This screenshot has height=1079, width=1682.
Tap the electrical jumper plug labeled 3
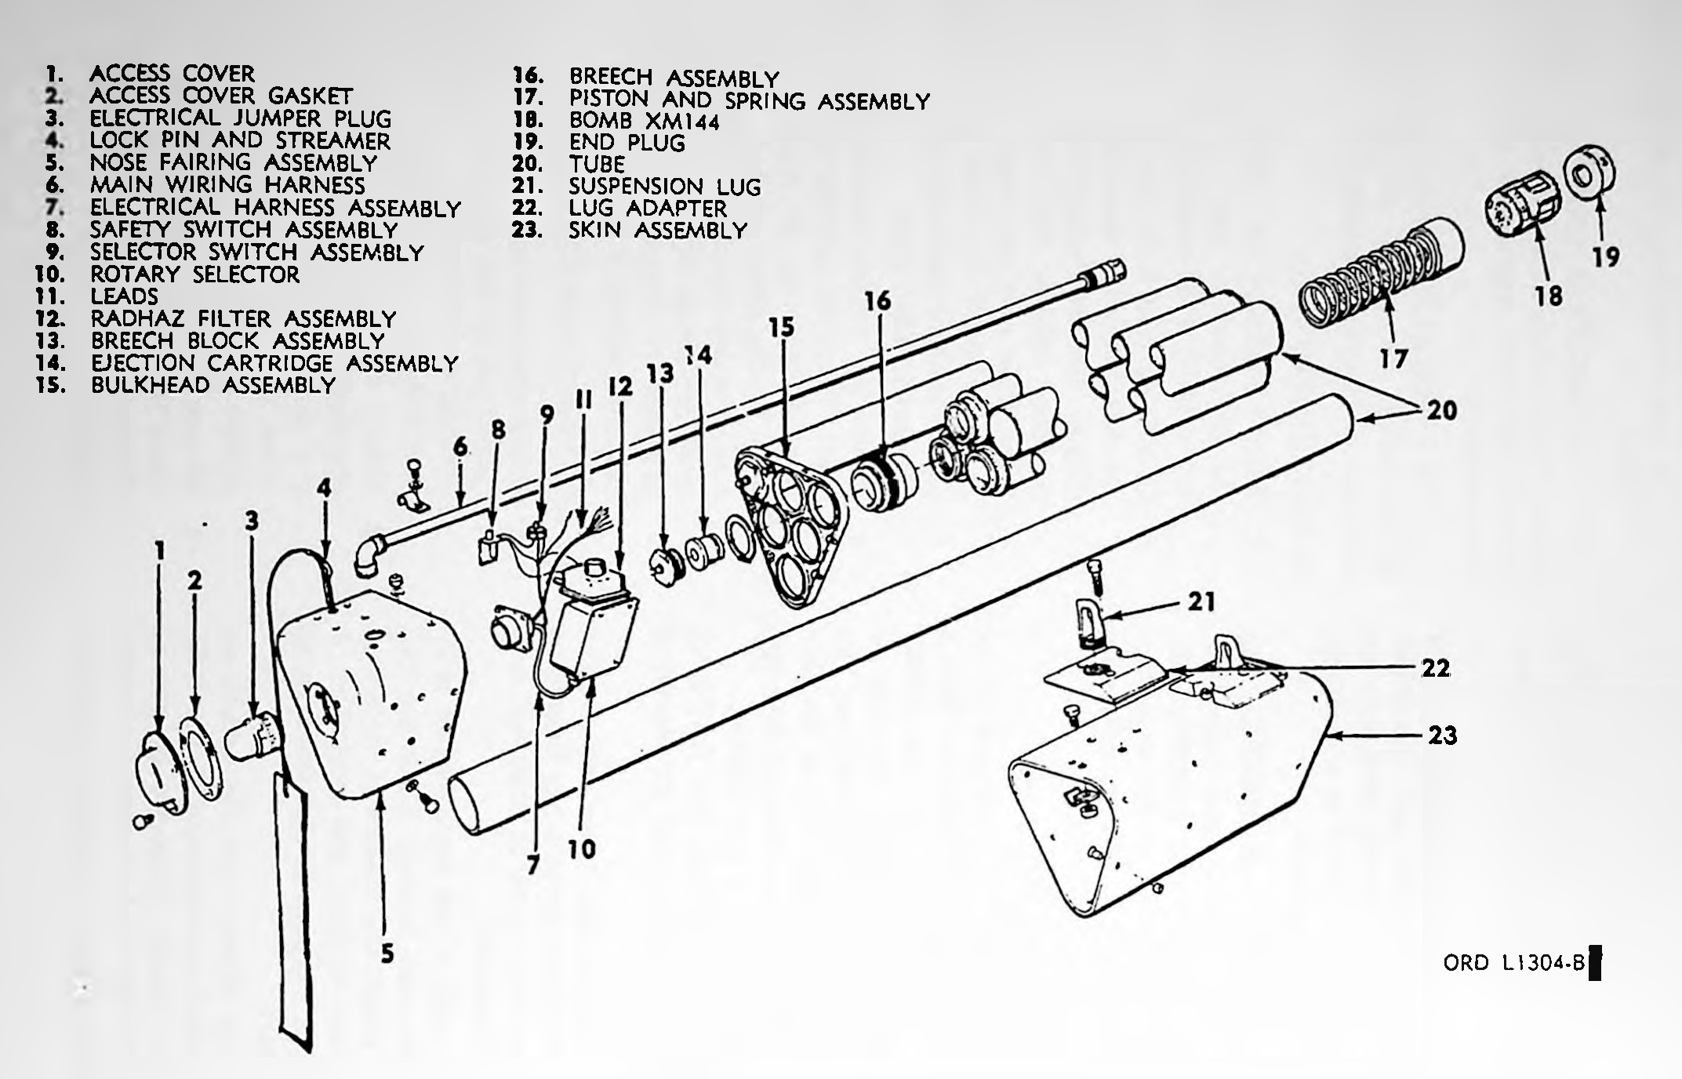[x=252, y=735]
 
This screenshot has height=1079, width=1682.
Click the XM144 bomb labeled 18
[x=1522, y=209]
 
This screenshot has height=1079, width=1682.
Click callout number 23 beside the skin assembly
[x=1441, y=736]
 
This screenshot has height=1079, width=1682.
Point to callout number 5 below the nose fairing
[x=387, y=954]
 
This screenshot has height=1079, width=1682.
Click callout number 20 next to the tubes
[x=1441, y=409]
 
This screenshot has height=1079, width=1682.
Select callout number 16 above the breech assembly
[x=878, y=300]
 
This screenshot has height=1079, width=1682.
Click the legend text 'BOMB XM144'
[x=644, y=121]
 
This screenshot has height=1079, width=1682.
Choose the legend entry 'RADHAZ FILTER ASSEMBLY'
[x=243, y=318]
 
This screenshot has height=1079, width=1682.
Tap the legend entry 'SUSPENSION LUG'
[x=665, y=187]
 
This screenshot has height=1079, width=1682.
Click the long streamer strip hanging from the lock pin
[x=292, y=911]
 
